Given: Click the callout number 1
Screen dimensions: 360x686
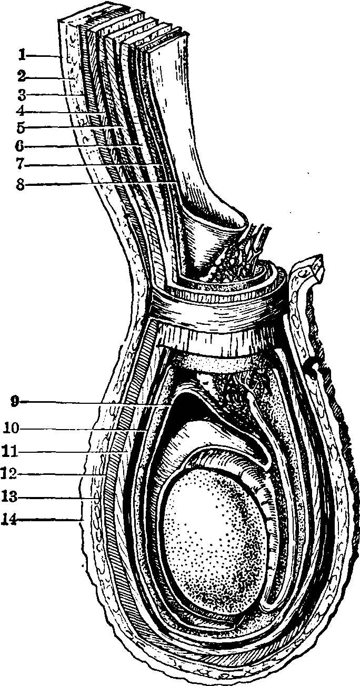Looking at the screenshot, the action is pos(21,55).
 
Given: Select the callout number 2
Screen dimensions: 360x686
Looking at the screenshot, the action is pos(21,76).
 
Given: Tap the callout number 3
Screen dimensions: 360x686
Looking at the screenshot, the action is pos(21,95).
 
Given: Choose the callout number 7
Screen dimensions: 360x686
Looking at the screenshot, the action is pos(21,165).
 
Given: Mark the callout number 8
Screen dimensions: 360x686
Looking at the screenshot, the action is pos(21,185).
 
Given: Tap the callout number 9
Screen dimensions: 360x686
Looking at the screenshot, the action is pos(14,402).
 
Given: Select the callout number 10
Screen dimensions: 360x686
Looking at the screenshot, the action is pos(12,428).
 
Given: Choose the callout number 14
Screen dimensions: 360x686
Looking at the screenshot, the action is pos(9,520).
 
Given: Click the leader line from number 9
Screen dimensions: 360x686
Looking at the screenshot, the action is pos(95,404).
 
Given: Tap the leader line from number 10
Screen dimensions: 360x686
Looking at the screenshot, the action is pos(83,429).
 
